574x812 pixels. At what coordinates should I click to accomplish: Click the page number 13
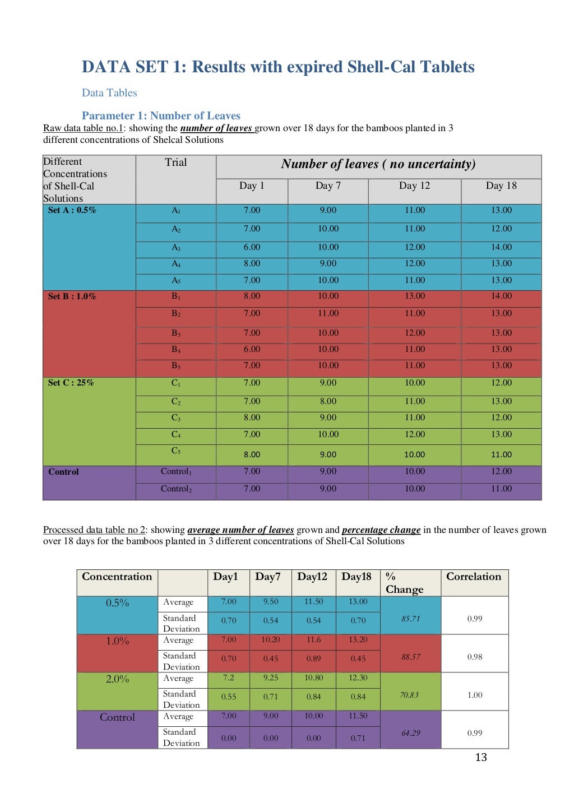[480, 757]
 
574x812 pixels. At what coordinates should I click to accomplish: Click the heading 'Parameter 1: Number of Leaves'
[161, 115]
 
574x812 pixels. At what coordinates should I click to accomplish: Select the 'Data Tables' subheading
[109, 93]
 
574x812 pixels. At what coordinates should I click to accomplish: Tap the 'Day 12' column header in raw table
[414, 185]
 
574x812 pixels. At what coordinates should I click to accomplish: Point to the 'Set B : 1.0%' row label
[72, 296]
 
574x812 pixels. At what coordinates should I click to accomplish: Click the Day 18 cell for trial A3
[501, 247]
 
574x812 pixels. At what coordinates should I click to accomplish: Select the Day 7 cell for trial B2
[328, 314]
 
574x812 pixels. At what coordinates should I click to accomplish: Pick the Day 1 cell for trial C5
[252, 454]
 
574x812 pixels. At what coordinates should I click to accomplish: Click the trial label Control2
[176, 489]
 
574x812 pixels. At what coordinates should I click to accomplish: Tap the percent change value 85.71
[410, 619]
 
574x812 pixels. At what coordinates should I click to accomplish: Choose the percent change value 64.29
[410, 733]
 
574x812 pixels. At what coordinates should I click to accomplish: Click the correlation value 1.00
[474, 695]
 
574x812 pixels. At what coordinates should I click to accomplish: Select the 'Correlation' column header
[474, 577]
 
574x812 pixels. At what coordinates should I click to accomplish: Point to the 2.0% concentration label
[117, 679]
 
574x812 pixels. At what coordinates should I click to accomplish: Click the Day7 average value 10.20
[270, 639]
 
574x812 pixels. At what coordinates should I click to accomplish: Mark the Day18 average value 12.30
[358, 678]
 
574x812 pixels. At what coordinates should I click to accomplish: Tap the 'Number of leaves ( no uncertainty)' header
[378, 164]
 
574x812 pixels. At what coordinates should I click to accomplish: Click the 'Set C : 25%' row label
[71, 383]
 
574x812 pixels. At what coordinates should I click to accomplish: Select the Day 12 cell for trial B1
[414, 296]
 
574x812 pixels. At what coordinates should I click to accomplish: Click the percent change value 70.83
[410, 695]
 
